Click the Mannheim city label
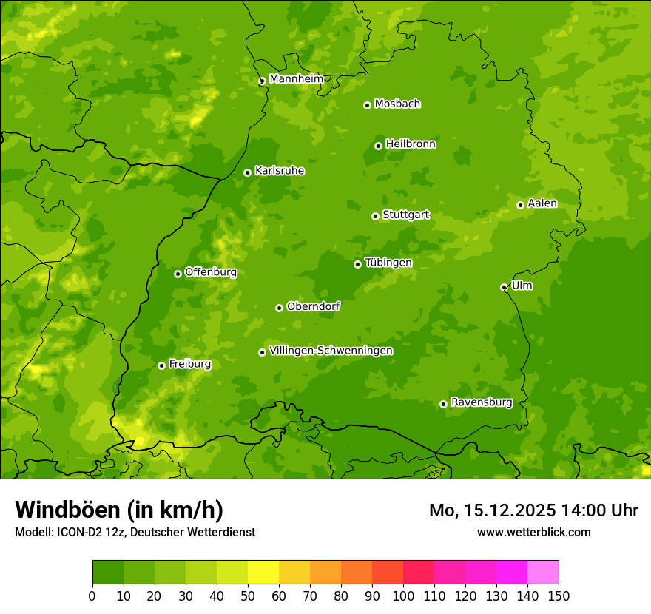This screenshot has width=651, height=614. [x=296, y=78]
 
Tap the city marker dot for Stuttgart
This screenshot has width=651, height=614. [x=375, y=216]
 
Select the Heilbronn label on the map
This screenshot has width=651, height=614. [x=411, y=144]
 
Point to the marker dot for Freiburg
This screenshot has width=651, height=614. [x=161, y=365]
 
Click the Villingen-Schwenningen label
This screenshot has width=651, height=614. [x=331, y=351]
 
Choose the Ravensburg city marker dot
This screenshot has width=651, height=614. [x=443, y=404]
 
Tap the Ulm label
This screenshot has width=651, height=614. [x=522, y=286]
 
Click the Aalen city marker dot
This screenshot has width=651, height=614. [x=520, y=205]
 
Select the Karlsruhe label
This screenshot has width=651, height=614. [x=280, y=171]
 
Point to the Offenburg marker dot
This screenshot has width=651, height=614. [x=178, y=274]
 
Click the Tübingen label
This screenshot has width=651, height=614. [x=388, y=263]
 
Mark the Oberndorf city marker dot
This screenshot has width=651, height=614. [x=279, y=308]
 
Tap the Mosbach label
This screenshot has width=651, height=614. [x=397, y=104]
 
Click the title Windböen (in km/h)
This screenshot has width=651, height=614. [x=119, y=510]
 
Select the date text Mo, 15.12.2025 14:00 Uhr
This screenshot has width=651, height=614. [x=533, y=510]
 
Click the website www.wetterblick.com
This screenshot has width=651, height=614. [x=533, y=532]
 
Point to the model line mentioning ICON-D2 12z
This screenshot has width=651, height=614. [x=135, y=532]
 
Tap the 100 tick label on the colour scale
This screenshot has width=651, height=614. [x=403, y=596]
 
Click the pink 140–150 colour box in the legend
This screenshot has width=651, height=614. [x=543, y=573]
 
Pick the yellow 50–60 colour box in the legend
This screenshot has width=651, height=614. [x=263, y=573]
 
